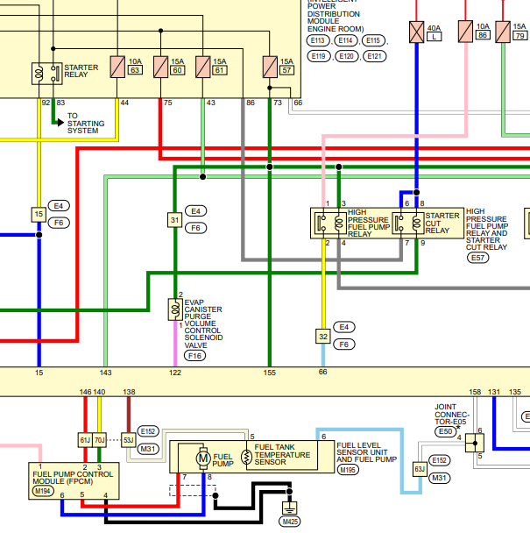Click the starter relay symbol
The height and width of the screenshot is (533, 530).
coord(47,73)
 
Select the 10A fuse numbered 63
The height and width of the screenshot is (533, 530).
coord(117,67)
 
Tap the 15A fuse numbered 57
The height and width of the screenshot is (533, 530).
coord(270,67)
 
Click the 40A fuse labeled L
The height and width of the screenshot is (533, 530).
coord(416,32)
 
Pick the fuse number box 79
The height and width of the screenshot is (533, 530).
coord(519,35)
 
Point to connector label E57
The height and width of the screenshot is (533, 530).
coord(477,258)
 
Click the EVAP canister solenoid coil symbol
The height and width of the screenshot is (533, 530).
coord(175,309)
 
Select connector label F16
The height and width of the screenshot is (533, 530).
coord(194,356)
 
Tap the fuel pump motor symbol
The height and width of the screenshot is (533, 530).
coord(203,458)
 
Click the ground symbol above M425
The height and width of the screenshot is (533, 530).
coord(289,508)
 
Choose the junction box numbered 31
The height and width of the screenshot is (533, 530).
coord(175,220)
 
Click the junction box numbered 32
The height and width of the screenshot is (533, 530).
coord(323,337)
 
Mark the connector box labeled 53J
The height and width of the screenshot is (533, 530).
coord(129,440)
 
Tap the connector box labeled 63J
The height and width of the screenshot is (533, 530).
coord(420,469)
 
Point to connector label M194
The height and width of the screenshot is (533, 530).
coord(42,491)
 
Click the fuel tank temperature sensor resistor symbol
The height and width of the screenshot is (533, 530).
coord(246,458)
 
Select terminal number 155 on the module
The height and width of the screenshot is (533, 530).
coord(270,373)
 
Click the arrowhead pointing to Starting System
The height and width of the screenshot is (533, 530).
coord(60,123)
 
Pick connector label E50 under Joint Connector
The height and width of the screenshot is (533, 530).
coord(445,431)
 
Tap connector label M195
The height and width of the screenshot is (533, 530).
coord(348,470)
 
